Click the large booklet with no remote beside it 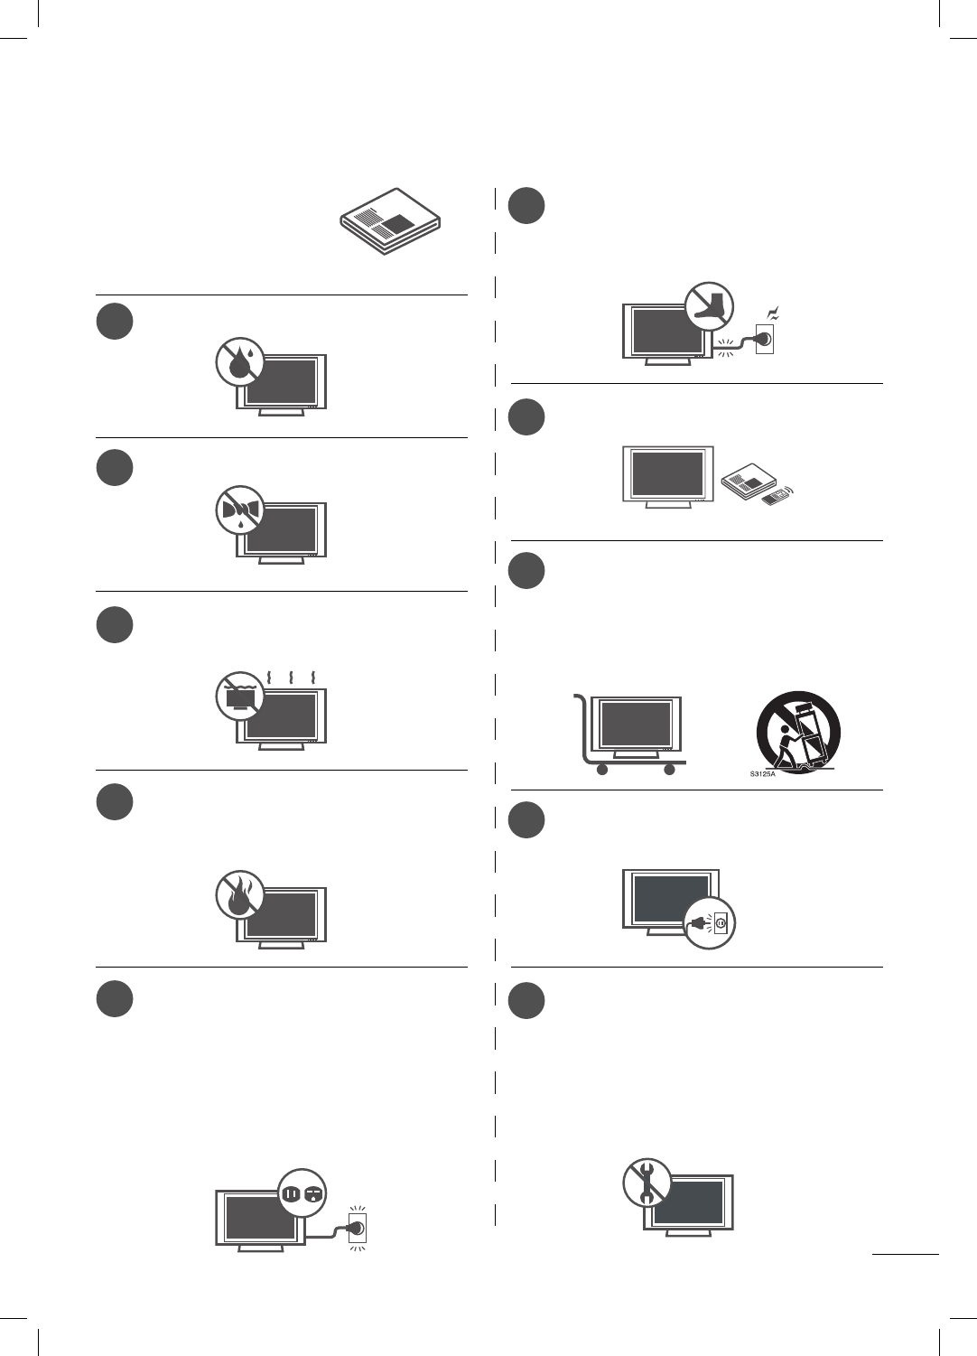tap(389, 221)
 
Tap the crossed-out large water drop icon tap(239, 362)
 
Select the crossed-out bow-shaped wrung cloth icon tap(239, 510)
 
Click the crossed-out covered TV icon tap(239, 696)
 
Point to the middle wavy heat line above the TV tap(291, 678)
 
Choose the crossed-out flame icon tap(239, 895)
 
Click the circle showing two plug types tap(302, 1193)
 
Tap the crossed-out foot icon tap(709, 306)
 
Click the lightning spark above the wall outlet tap(772, 314)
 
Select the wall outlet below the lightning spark tap(765, 340)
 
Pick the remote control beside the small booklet tap(773, 497)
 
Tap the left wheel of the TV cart tap(601, 770)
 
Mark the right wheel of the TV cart tap(669, 770)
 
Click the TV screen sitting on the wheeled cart tap(636, 724)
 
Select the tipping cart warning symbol tap(798, 732)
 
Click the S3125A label tap(763, 774)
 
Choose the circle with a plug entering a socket tap(709, 923)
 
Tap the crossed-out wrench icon tap(647, 1183)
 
